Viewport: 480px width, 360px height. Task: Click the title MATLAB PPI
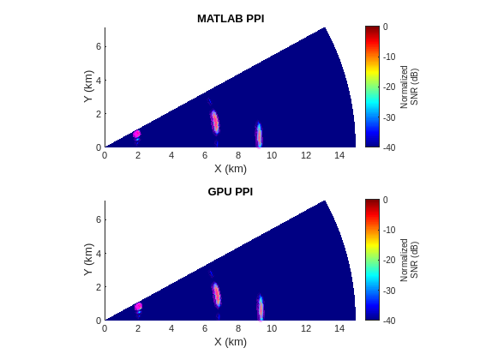click(x=230, y=18)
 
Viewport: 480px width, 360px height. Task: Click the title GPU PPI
click(x=230, y=191)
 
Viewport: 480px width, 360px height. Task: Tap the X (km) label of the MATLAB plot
click(x=230, y=168)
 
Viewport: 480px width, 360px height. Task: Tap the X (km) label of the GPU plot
click(x=230, y=341)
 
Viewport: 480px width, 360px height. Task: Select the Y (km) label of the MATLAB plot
click(x=88, y=87)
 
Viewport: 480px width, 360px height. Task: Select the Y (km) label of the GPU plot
click(x=88, y=260)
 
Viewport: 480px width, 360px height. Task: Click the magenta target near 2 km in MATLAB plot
click(x=136, y=134)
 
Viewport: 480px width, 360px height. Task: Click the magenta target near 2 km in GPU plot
click(x=137, y=307)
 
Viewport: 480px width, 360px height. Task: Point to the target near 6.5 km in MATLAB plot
click(x=215, y=123)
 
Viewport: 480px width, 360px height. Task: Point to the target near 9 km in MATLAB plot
click(x=259, y=135)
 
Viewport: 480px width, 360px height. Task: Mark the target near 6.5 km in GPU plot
click(x=216, y=296)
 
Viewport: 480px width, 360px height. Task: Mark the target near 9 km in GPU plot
click(x=260, y=309)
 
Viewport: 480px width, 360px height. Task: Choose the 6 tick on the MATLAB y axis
click(x=98, y=46)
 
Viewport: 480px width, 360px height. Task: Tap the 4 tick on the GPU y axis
click(x=98, y=254)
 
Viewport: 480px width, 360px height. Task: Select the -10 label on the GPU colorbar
click(x=388, y=230)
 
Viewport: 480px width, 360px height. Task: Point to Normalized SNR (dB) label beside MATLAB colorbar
click(x=410, y=87)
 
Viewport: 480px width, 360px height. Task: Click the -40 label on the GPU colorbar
click(x=388, y=320)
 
